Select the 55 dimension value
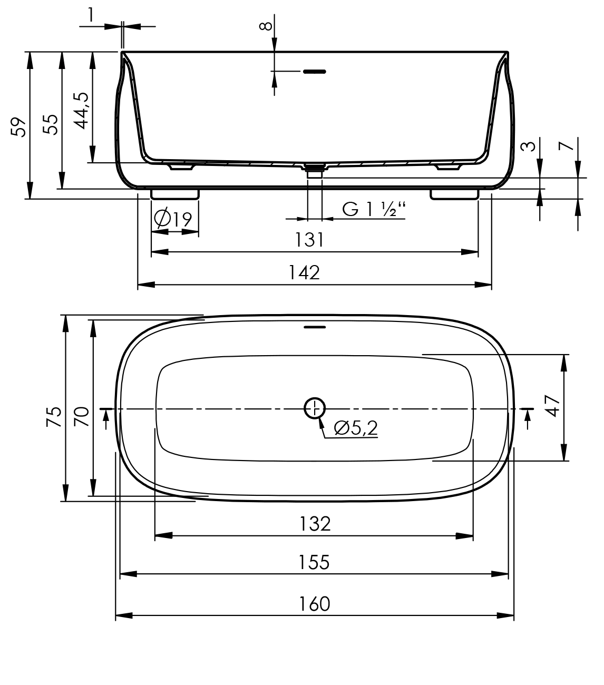click(x=51, y=124)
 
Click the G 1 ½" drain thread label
click(x=374, y=209)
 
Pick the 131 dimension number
click(x=309, y=240)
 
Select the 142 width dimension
click(x=304, y=272)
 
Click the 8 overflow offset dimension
click(x=267, y=25)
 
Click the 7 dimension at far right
click(x=566, y=146)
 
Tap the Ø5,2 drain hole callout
click(x=356, y=428)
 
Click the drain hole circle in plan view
click(x=315, y=407)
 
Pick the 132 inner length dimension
click(x=315, y=524)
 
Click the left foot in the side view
click(x=175, y=194)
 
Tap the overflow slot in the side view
click(x=314, y=71)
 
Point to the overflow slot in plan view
click(x=315, y=327)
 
